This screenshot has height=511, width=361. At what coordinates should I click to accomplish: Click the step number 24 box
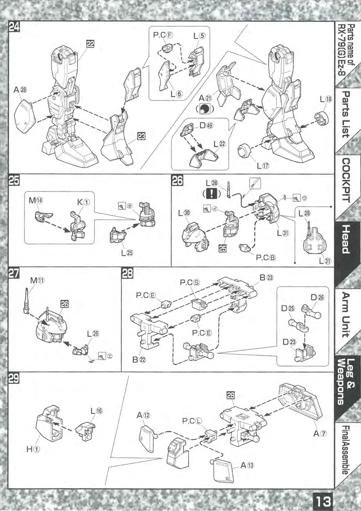[x=14, y=27]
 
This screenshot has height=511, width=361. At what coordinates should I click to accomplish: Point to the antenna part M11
[x=27, y=300]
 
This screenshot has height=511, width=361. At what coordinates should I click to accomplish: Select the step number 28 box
[x=127, y=274]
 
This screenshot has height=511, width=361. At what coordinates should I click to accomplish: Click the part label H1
[x=33, y=449]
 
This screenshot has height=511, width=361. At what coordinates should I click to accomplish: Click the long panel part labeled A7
[x=299, y=402]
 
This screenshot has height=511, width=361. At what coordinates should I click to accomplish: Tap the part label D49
[x=206, y=125]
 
